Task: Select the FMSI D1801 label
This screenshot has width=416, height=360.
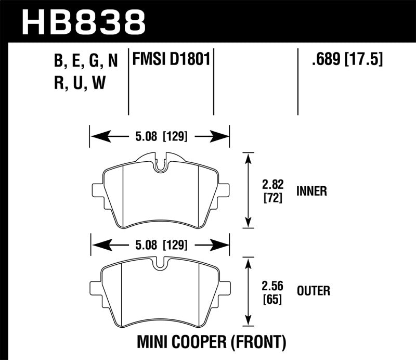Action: coord(171,60)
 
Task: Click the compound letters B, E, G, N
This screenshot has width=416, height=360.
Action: coord(86,62)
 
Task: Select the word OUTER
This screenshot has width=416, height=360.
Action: coord(313,291)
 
